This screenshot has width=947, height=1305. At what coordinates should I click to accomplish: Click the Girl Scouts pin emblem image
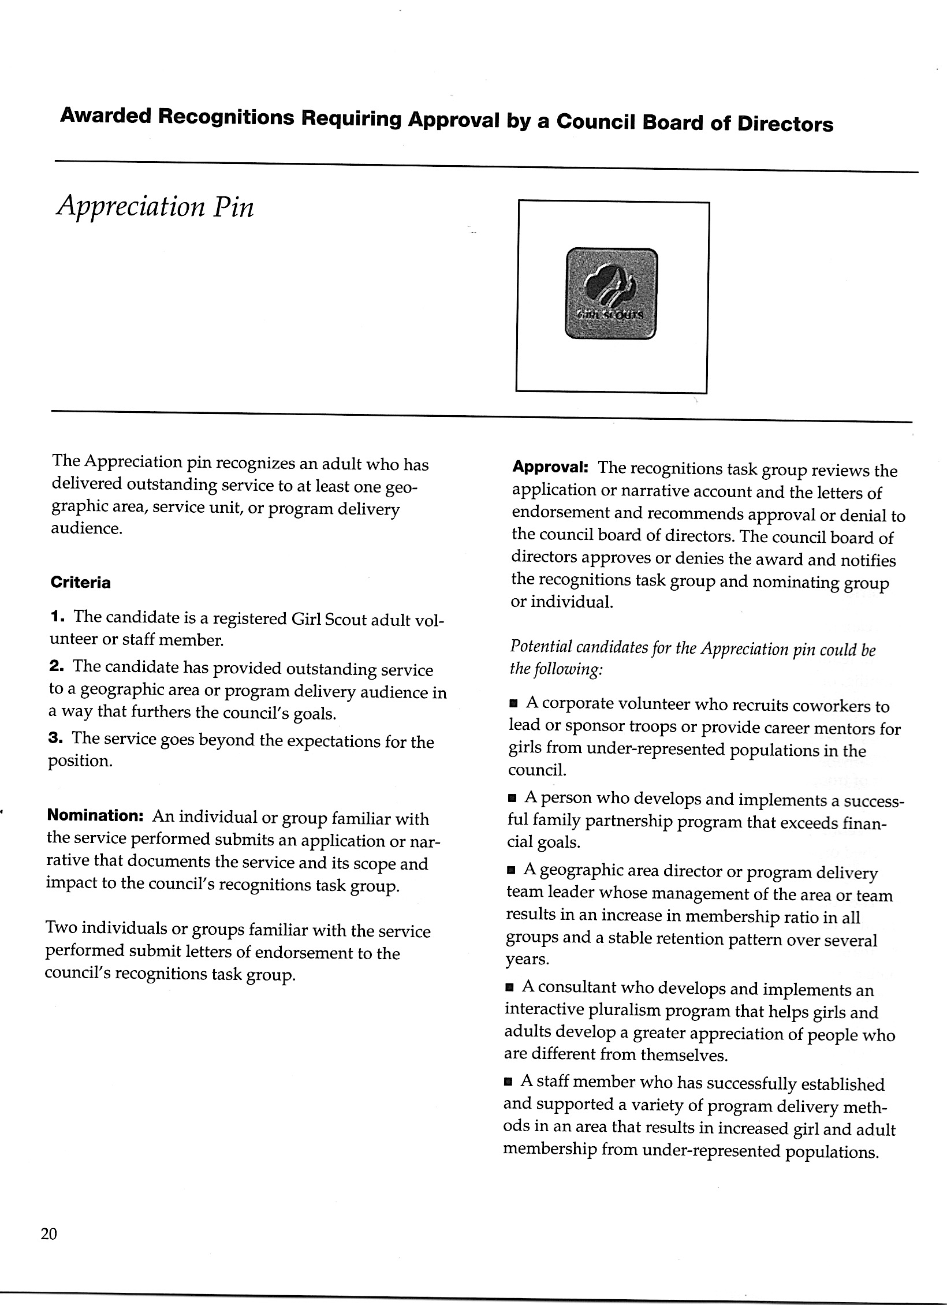coord(612,293)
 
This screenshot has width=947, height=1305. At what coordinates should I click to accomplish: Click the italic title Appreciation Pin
coord(155,206)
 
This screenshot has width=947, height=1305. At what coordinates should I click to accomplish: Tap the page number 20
coord(49,1234)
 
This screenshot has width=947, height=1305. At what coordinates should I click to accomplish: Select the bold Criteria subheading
coord(81,583)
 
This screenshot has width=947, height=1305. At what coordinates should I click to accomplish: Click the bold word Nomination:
coord(95,815)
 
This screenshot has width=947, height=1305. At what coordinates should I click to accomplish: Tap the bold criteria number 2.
coord(56,666)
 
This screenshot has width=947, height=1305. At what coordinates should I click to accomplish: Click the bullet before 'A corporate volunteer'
coord(513,704)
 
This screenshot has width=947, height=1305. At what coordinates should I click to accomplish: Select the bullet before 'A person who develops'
coord(512,799)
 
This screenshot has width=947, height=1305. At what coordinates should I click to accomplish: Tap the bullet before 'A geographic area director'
coord(511,871)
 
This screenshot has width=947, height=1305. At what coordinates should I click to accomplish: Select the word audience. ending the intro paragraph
coord(87,529)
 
